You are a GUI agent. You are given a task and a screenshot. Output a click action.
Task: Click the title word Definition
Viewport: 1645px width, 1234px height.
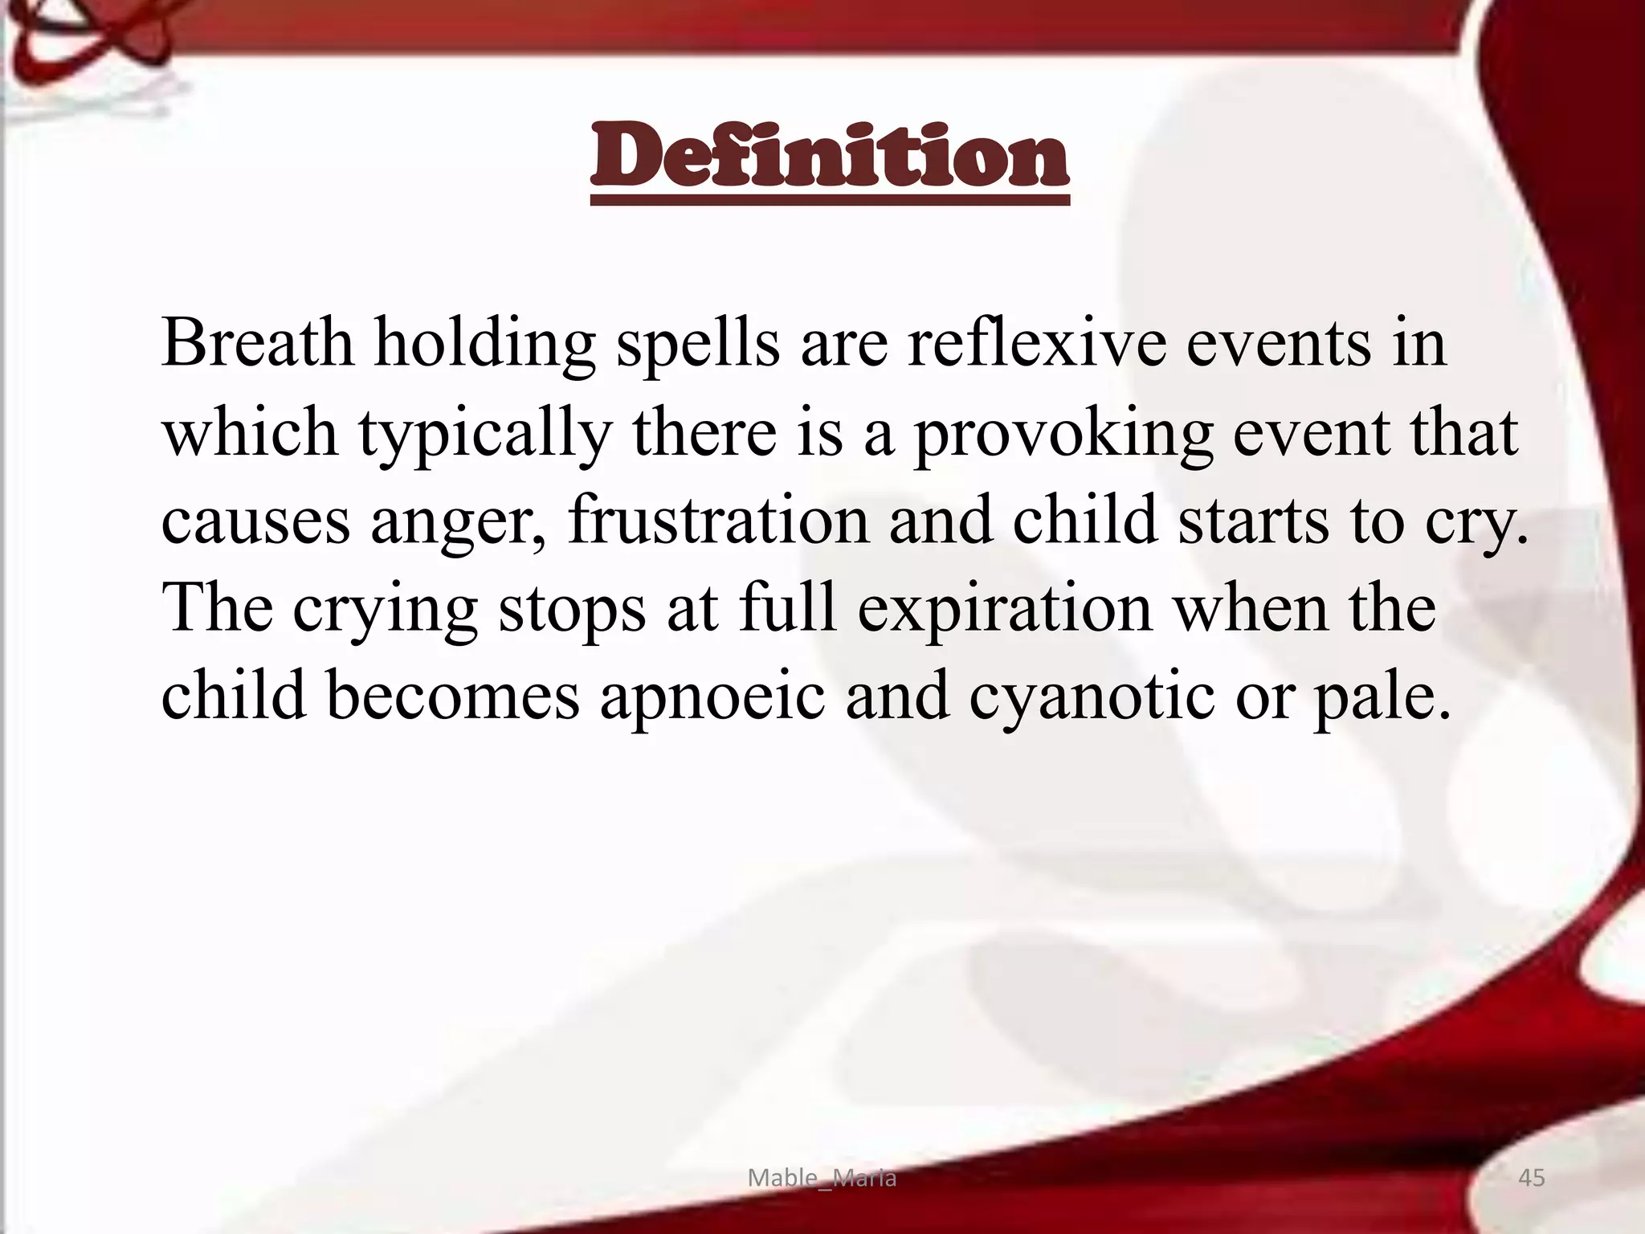[829, 157]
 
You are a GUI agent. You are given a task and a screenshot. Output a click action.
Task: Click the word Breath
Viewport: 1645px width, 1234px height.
[257, 343]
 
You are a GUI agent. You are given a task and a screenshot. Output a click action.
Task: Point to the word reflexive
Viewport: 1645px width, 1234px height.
[1037, 343]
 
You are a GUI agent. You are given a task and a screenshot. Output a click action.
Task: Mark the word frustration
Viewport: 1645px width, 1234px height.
[718, 521]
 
